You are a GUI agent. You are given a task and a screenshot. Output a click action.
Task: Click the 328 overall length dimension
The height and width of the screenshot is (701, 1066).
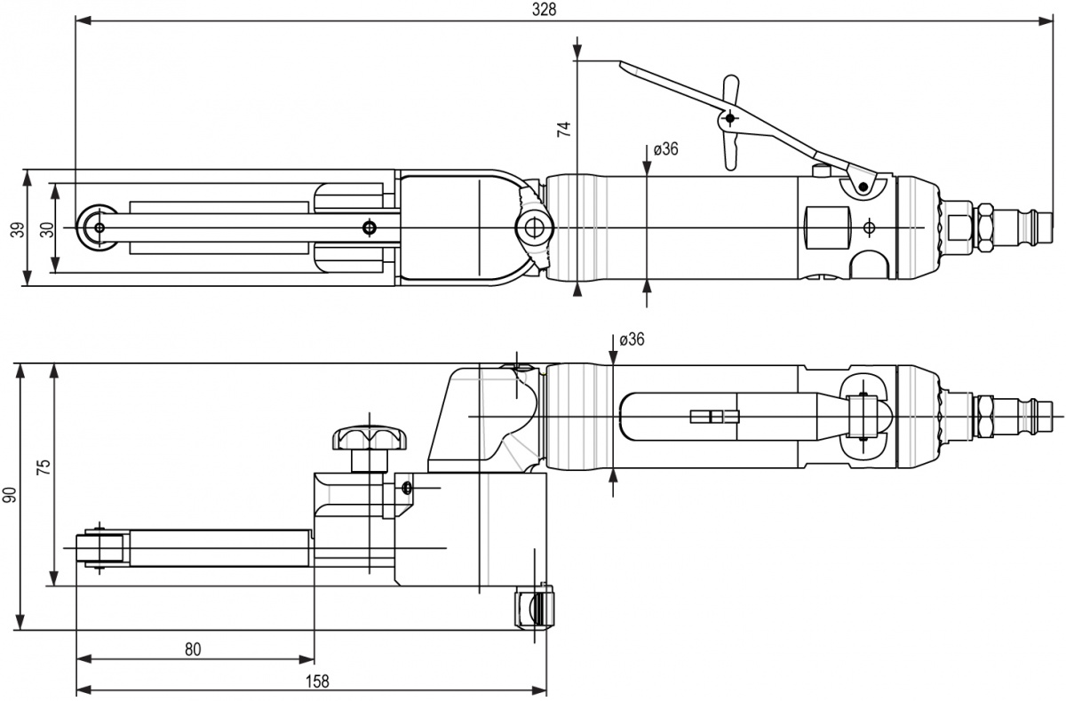(x=544, y=9)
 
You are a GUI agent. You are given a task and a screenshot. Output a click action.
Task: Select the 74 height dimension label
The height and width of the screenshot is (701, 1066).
(x=562, y=128)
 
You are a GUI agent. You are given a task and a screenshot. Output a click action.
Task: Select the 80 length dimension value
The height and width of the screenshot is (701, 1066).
(x=193, y=649)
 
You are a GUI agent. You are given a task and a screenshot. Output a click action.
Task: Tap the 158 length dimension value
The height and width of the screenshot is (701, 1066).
(x=317, y=681)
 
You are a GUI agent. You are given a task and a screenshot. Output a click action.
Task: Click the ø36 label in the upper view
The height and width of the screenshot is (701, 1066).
(x=665, y=149)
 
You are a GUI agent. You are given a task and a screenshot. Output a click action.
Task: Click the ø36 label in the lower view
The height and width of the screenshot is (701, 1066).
(x=631, y=339)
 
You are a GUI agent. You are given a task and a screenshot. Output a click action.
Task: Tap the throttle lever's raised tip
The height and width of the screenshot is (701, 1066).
(x=626, y=67)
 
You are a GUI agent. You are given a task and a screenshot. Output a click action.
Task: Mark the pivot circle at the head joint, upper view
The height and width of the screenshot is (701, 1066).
(x=533, y=227)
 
